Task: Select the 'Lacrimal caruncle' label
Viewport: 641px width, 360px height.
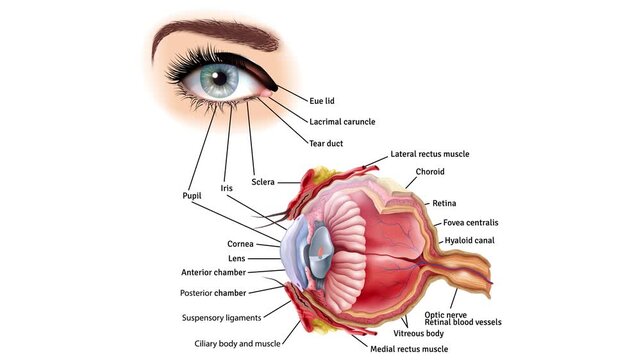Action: [x=342, y=122]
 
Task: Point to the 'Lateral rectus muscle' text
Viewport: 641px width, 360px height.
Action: [x=429, y=154]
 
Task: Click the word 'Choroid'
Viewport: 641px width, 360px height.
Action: [x=430, y=172]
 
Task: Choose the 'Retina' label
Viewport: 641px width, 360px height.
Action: [x=444, y=203]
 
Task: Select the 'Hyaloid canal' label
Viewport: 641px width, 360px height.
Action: [x=469, y=241]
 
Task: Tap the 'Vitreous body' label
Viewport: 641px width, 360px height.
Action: [x=417, y=332]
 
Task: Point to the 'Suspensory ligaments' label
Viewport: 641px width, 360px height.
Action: [x=221, y=318]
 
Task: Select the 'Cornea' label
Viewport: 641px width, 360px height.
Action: [x=240, y=243]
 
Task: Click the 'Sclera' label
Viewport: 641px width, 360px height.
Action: [x=263, y=182]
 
